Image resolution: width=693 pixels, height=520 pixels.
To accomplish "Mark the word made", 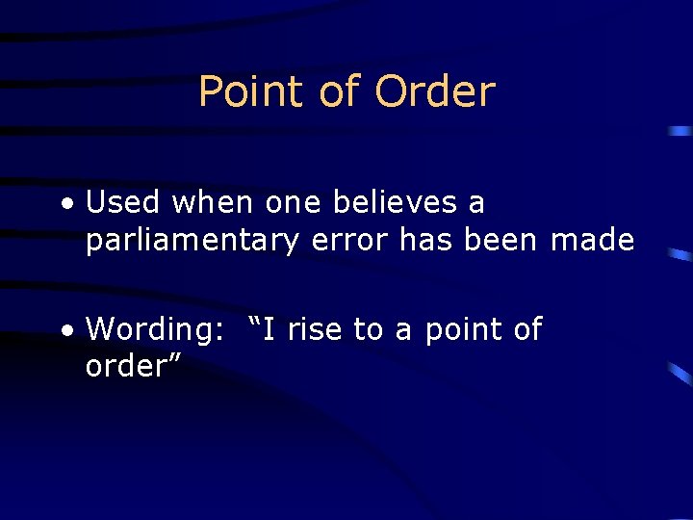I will click(x=592, y=241).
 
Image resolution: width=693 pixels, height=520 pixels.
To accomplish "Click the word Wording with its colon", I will click(x=154, y=330).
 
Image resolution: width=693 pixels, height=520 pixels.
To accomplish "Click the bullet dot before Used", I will click(x=65, y=204).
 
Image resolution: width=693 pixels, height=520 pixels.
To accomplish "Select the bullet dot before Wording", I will click(x=65, y=330).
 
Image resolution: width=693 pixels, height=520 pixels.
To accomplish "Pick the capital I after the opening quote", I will click(x=269, y=330).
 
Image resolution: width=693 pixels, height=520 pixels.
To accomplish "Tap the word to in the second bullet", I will click(x=368, y=330).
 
